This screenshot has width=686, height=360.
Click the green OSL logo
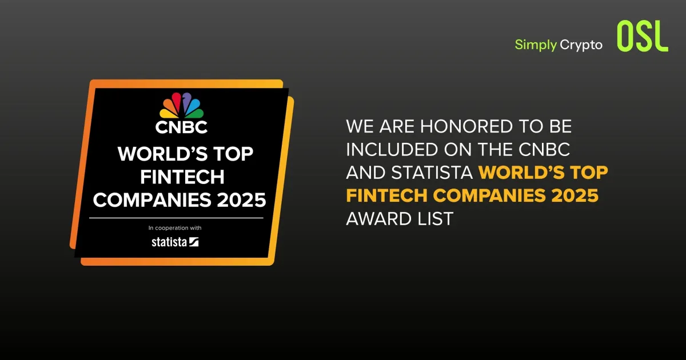coord(643,36)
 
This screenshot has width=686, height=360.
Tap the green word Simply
coord(536,45)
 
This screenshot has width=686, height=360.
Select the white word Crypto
coord(581,45)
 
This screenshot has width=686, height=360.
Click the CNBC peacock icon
coord(181,105)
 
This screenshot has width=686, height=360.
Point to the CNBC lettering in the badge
coord(181,127)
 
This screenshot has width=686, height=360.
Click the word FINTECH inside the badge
coord(182,177)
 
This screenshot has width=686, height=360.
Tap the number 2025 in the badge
coord(242,200)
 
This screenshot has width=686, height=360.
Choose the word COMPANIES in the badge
coord(152,200)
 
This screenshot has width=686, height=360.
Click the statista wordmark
coord(169,242)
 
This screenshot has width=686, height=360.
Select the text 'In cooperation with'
coord(175,228)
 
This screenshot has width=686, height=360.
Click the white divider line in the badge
coord(176,218)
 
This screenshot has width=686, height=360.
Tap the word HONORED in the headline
coord(466,126)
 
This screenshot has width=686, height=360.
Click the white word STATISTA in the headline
coord(432,173)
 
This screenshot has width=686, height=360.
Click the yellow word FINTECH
coord(386,195)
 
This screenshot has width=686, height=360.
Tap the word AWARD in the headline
coord(380,219)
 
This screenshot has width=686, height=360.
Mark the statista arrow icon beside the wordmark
coord(194,242)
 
